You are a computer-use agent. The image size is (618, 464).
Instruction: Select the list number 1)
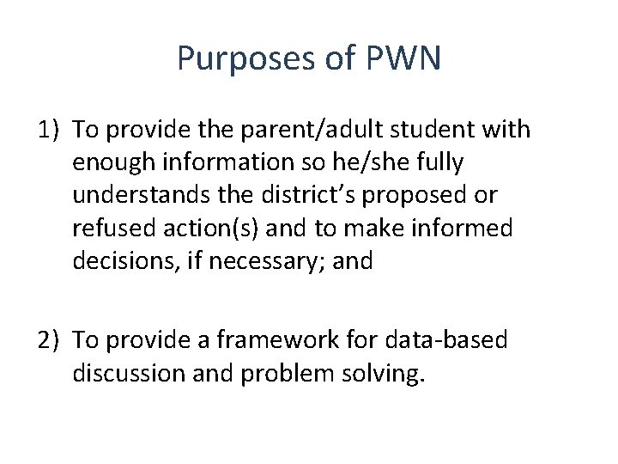click(50, 130)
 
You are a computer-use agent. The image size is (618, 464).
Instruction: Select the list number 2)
click(50, 340)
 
